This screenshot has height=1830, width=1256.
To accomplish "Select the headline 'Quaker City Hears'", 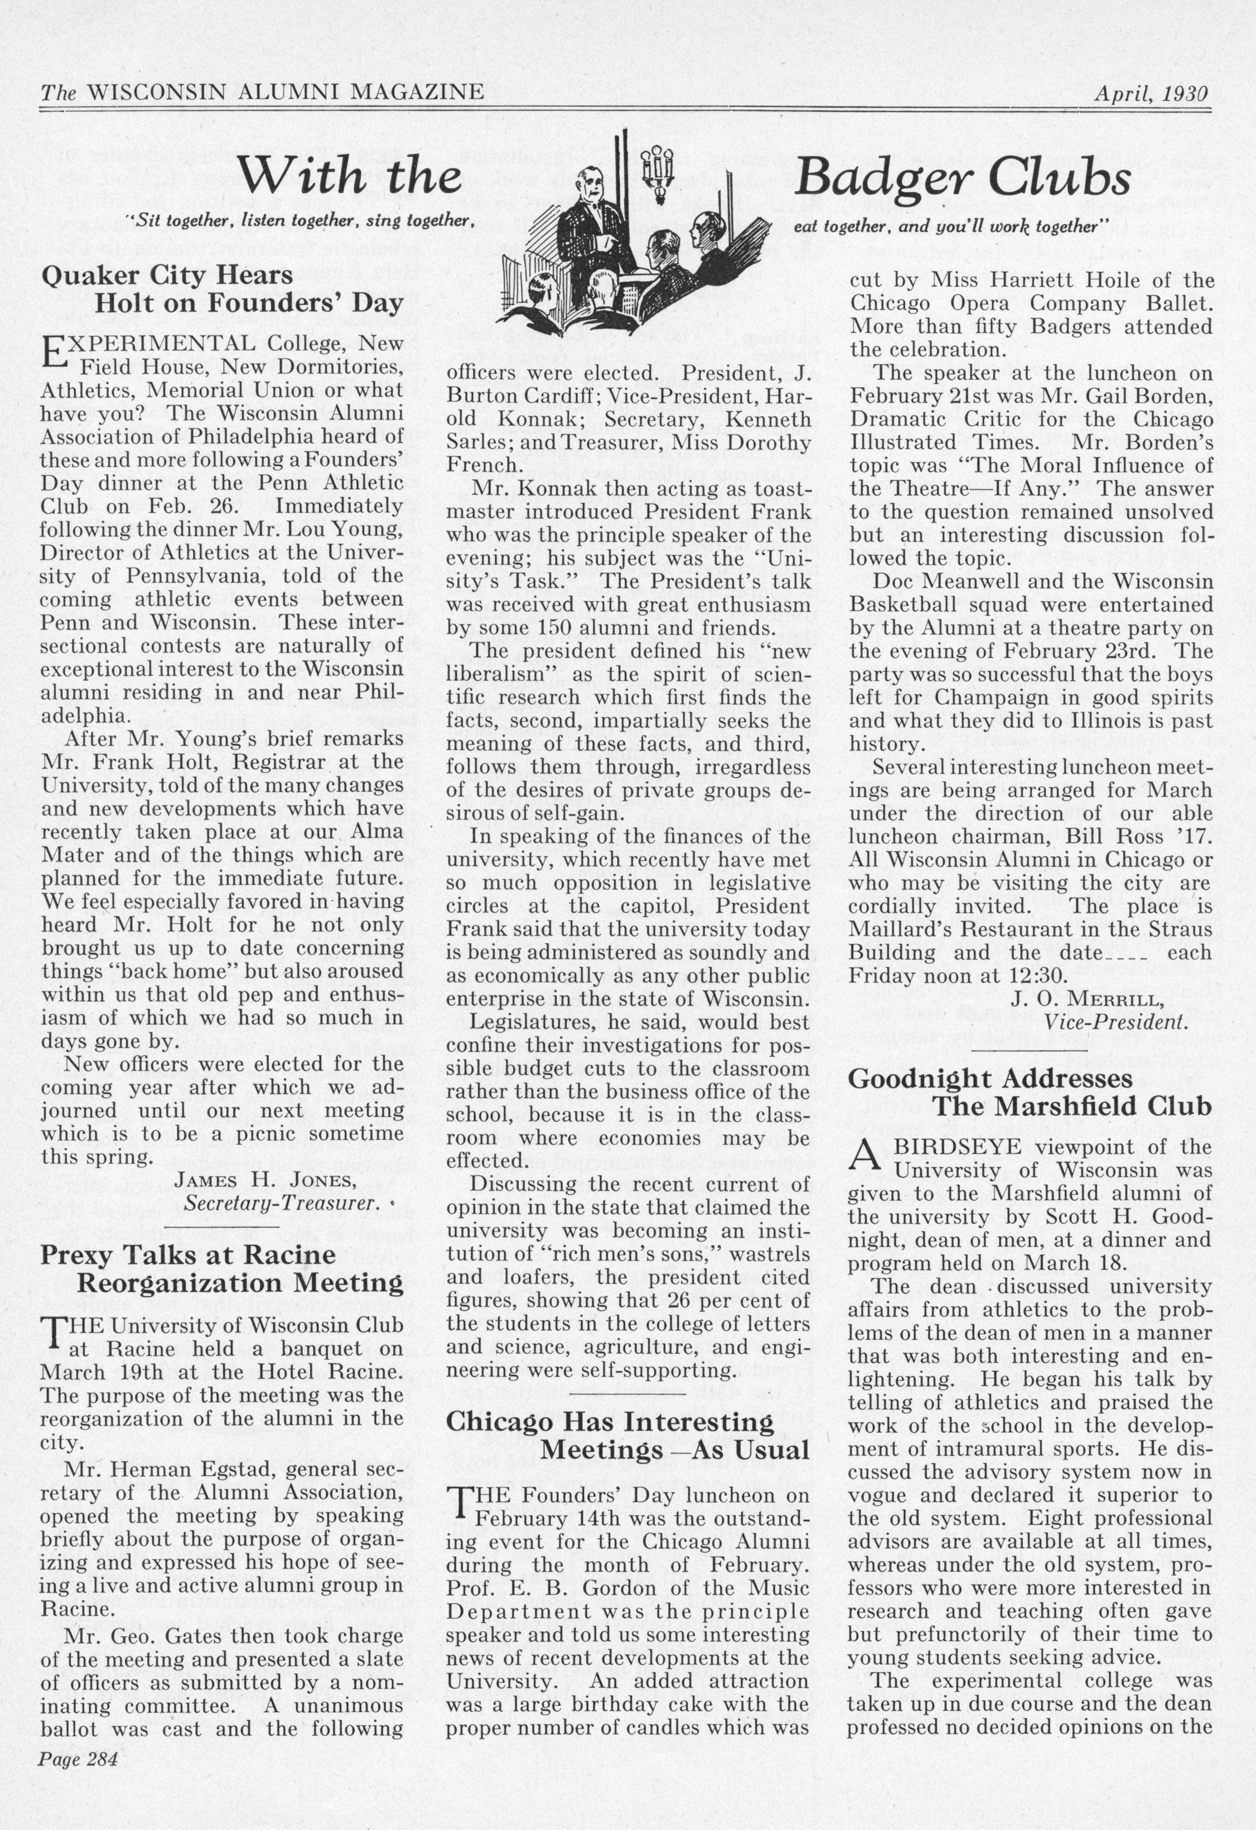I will [166, 276].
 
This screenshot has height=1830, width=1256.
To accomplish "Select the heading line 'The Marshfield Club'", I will [1072, 1105].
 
